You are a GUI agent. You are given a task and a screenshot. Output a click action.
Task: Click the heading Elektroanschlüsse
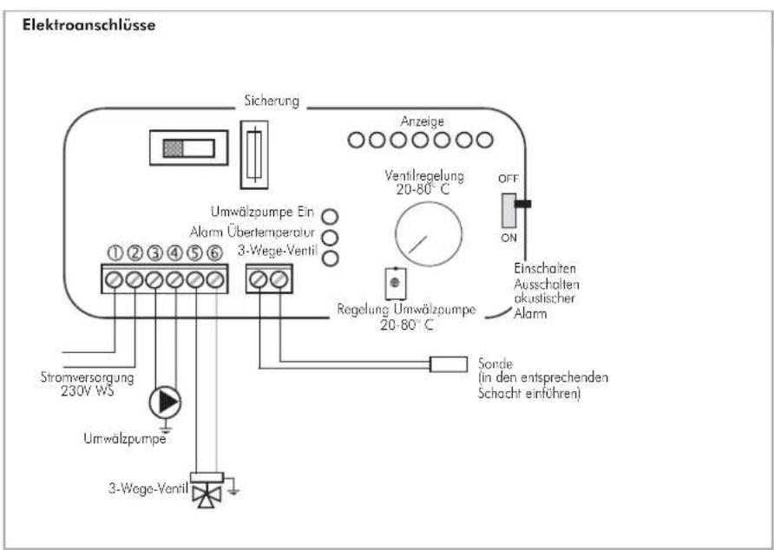(x=89, y=25)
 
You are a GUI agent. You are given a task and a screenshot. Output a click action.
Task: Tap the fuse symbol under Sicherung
(x=254, y=154)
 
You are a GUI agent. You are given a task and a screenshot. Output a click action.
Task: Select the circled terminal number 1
(x=115, y=253)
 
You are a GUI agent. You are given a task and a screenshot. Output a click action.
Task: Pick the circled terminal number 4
(x=174, y=253)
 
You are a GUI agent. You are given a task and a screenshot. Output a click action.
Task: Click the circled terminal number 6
(x=214, y=253)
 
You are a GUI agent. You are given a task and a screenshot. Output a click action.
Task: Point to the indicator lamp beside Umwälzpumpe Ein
(x=330, y=216)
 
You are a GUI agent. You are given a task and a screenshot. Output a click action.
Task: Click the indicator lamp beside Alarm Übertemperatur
(x=330, y=237)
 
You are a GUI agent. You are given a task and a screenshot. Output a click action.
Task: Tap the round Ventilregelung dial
(x=429, y=234)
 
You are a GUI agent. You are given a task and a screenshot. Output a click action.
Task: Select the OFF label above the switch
(x=508, y=179)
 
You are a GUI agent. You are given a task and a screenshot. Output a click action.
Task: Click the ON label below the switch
(x=508, y=238)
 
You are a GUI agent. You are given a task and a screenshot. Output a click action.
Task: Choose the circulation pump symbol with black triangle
(x=166, y=403)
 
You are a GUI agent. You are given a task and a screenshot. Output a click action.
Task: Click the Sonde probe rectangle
(x=449, y=363)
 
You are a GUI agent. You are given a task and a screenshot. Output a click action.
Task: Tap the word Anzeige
(x=422, y=121)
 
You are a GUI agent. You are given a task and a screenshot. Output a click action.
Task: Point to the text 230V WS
(x=88, y=391)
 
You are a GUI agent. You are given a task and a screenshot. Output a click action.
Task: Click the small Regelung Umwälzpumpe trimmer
(x=395, y=284)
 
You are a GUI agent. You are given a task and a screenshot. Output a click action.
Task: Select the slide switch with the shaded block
(x=189, y=147)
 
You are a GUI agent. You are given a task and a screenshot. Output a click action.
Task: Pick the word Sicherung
(x=272, y=101)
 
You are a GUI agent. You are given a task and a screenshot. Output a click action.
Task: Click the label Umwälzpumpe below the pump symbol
(x=125, y=438)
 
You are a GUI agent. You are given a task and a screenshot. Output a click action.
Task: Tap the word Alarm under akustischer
(x=530, y=313)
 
